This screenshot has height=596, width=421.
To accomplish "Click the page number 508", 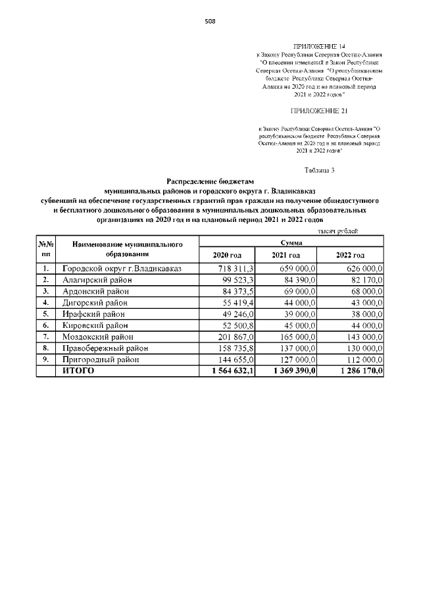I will click(x=210, y=21).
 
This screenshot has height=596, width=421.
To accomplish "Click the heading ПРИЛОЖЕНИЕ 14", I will click(x=316, y=45).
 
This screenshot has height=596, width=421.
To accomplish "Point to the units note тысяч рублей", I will click(x=338, y=232).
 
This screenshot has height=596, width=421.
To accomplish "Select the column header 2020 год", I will click(x=228, y=255).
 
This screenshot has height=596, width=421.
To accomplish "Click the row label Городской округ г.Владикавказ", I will click(x=121, y=269).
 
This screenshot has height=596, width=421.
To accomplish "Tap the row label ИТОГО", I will click(x=78, y=371).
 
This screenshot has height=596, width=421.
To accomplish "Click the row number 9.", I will click(x=45, y=359).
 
